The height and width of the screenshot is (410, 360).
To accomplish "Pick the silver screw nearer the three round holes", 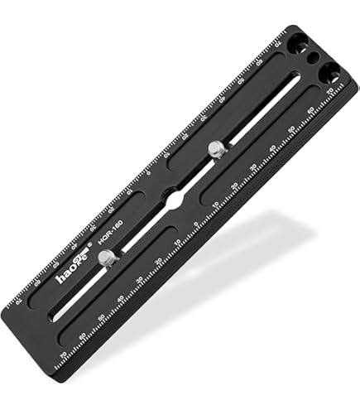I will click(x=216, y=149).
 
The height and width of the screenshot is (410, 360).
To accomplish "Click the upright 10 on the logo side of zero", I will click(x=176, y=244).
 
